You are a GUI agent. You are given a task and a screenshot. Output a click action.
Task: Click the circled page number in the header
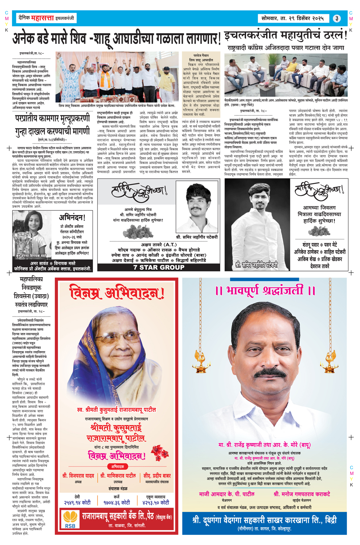[x=337, y=19]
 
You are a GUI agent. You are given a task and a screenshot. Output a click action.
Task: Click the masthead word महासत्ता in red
[x=42, y=18]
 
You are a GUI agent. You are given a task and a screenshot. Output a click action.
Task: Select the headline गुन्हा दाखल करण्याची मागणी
[x=52, y=131]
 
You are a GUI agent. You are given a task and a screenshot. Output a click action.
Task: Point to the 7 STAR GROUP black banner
[x=159, y=267]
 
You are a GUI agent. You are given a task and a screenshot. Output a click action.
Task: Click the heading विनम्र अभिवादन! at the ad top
[x=117, y=292]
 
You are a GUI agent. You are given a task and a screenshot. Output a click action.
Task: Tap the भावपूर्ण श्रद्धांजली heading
[x=265, y=290]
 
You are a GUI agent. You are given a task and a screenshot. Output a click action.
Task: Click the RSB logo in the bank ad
[x=70, y=520]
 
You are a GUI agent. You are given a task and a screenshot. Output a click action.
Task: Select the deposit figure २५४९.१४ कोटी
[x=77, y=503]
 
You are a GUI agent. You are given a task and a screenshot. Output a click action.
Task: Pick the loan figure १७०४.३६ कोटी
[x=116, y=503]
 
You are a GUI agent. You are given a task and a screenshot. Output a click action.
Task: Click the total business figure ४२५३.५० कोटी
[x=156, y=503]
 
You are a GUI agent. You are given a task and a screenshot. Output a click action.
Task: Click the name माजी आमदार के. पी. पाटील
[x=227, y=494]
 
